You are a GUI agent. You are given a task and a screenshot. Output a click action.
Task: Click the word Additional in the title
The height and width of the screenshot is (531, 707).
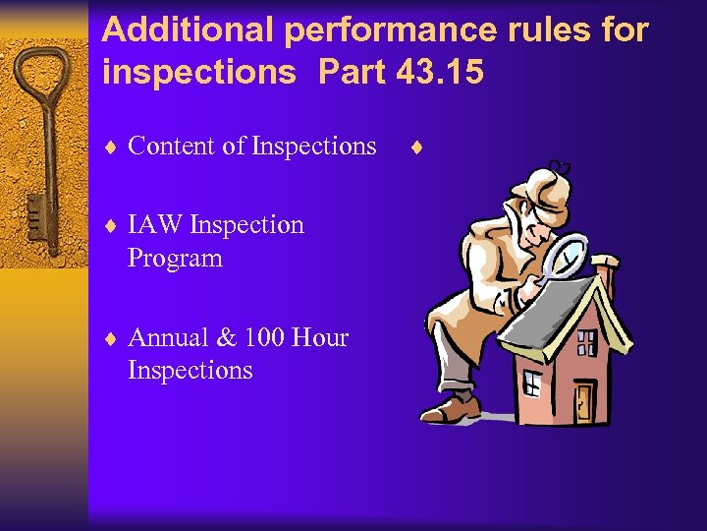(188, 30)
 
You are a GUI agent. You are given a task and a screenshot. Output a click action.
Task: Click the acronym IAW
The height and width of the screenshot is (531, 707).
(155, 225)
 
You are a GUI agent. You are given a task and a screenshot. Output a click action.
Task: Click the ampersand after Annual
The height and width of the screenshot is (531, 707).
(226, 338)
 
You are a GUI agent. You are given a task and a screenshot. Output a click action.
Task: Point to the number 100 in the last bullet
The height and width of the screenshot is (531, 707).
(267, 338)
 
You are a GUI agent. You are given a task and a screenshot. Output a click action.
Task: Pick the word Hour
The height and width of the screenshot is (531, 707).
(321, 338)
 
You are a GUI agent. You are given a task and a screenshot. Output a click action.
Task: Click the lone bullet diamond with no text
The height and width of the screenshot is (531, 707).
(416, 148)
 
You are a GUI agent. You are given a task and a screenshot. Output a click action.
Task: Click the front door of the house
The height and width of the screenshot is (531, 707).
(584, 397)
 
